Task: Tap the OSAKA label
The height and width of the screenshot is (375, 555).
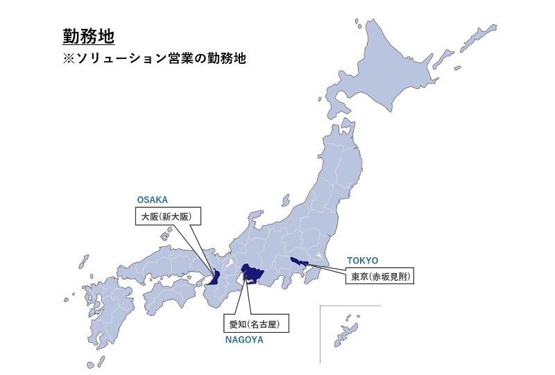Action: coord(153,200)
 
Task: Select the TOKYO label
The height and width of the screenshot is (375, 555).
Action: coord(363,261)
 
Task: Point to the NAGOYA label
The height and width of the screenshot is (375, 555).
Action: coord(244,340)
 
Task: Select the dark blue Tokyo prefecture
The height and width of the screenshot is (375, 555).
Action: coord(298,262)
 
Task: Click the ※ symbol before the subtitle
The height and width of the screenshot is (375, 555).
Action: coord(69,59)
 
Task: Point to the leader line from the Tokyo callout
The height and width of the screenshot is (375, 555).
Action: coord(326,269)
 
